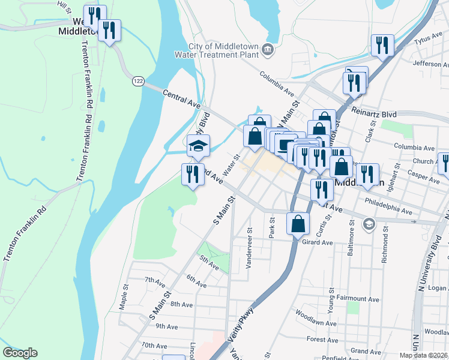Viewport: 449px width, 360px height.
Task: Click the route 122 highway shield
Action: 139,80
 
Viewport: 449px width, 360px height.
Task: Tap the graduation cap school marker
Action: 197,145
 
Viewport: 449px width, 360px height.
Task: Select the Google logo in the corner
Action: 20,353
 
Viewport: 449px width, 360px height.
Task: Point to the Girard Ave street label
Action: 318,242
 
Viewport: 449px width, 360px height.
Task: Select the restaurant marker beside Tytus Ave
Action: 382,44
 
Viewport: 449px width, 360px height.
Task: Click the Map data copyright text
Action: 424,355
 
